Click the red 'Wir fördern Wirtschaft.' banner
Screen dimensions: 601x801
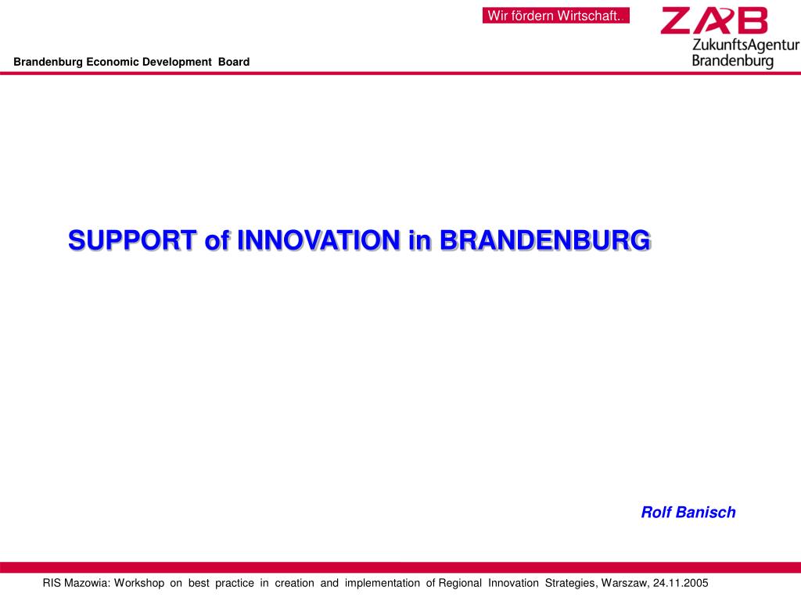click(x=555, y=16)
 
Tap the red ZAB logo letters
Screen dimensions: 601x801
click(x=713, y=21)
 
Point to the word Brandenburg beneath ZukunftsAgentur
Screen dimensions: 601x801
click(x=733, y=60)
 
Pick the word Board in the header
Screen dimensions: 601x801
click(x=234, y=62)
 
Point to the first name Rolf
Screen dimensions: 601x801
click(x=656, y=513)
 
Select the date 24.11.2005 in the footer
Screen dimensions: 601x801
click(x=680, y=583)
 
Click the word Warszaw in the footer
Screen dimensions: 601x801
click(x=624, y=583)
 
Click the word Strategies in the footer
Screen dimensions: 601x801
click(x=571, y=583)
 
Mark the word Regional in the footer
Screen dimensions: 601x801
click(x=460, y=583)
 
